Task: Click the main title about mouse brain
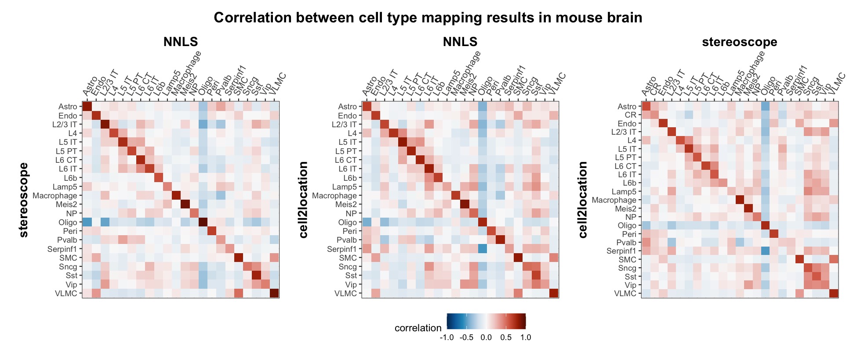[428, 18]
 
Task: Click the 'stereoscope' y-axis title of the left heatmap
[24, 200]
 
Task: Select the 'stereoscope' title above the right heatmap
[739, 42]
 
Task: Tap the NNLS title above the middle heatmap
[460, 42]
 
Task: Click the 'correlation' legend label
[418, 328]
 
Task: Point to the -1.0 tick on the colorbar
[447, 337]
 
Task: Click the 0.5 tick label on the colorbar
[506, 337]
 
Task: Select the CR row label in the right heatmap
[630, 115]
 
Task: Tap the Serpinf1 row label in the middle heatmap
[341, 249]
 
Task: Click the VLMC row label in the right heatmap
[625, 294]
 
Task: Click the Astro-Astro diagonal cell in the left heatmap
[87, 106]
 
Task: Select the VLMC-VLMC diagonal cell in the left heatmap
[274, 294]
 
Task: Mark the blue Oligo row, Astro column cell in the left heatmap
[87, 222]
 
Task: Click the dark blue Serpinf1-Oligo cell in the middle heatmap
[483, 249]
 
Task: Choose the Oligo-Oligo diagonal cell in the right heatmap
[765, 226]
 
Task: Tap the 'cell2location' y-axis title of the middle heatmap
[303, 200]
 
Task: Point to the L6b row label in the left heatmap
[70, 178]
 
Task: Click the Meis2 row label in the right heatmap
[625, 208]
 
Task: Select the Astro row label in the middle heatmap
[347, 106]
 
